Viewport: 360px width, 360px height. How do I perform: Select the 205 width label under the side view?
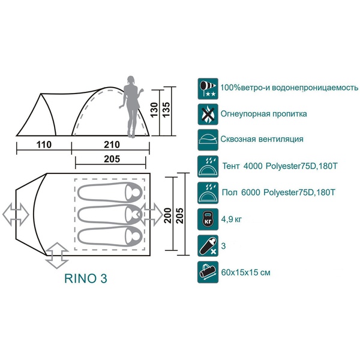pyautogui.click(x=112, y=159)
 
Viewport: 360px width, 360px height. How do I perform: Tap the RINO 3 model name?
pyautogui.click(x=86, y=279)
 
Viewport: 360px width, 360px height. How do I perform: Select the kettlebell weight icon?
pyautogui.click(x=207, y=218)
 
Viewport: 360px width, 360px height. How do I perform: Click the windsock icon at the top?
pyautogui.click(x=207, y=88)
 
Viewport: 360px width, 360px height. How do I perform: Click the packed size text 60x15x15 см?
pyautogui.click(x=246, y=272)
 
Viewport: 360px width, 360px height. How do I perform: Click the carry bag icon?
pyautogui.click(x=207, y=271)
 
